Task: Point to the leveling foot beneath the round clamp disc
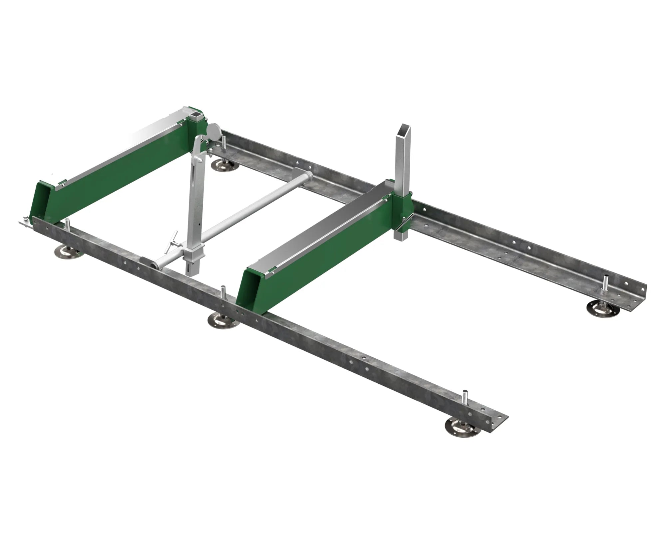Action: tap(223, 165)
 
